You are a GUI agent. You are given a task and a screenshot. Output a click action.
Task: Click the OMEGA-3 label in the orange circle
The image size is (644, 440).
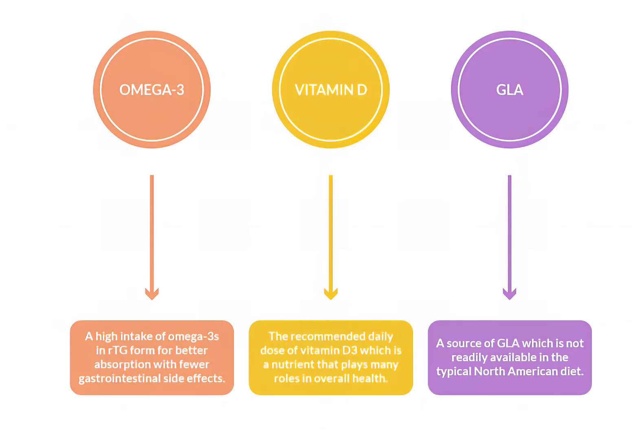point(152,90)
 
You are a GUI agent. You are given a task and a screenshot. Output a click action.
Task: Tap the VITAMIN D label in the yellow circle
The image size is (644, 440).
point(331,90)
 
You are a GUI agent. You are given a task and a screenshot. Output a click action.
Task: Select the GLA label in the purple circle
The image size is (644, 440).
point(510,90)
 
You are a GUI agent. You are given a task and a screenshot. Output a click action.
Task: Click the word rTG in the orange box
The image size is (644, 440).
point(118,350)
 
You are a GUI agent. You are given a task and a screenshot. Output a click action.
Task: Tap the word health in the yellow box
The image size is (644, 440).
point(369,378)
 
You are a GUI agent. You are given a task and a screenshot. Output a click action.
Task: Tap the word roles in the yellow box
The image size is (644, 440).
point(287,378)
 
